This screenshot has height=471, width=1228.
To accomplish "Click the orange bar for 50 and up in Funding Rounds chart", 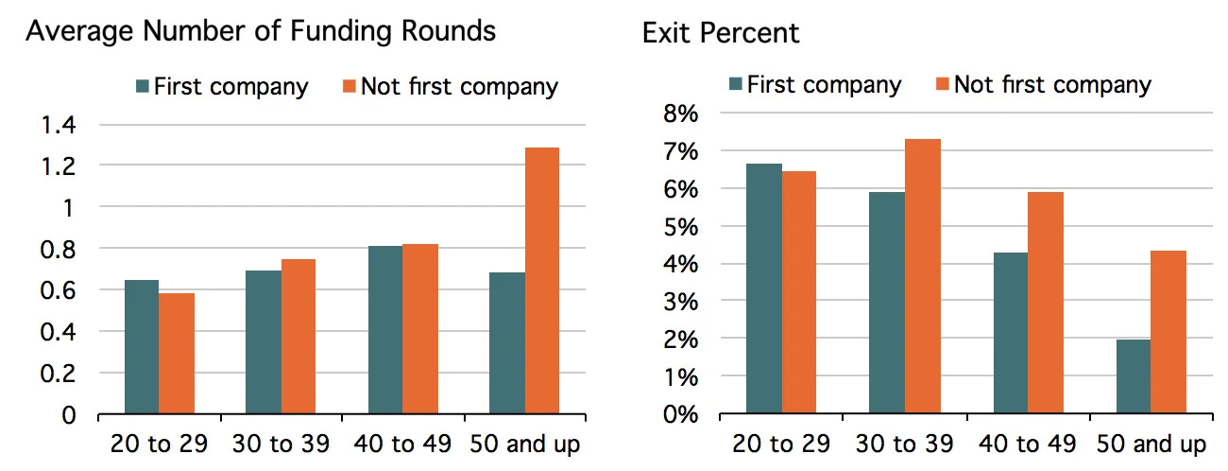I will (541, 281).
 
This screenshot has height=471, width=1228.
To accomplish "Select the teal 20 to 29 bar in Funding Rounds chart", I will (141, 347).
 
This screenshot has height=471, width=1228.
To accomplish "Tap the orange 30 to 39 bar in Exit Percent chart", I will (922, 276).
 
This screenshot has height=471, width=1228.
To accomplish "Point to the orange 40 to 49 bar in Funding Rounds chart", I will (419, 329).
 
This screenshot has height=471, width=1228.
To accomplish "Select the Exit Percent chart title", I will (720, 33).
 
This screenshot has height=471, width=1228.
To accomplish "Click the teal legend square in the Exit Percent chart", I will (736, 85).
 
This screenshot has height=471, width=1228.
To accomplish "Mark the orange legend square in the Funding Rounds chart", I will (347, 88).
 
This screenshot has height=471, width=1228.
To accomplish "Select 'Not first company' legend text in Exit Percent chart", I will (1052, 85).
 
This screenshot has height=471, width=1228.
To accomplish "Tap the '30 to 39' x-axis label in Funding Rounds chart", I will (281, 444).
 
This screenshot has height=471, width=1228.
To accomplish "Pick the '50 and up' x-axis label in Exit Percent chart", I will (1151, 444).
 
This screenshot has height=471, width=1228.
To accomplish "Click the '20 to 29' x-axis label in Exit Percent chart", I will (781, 444).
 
